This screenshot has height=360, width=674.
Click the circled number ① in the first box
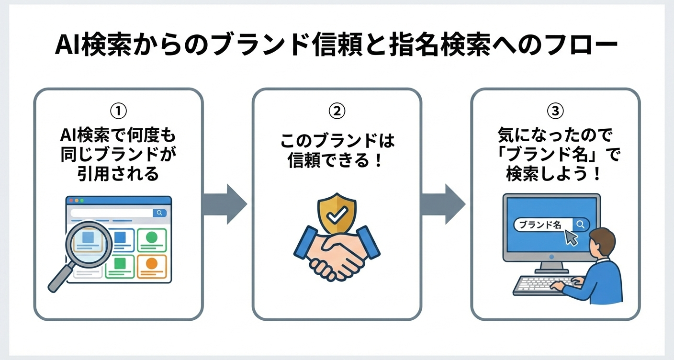[x=118, y=111]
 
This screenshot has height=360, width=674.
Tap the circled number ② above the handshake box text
[x=337, y=111]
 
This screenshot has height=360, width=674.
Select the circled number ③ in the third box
[x=555, y=111]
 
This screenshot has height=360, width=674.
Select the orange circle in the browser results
[x=151, y=263]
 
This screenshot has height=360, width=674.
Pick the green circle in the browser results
[x=151, y=236]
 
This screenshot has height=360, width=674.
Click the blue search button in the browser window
[x=159, y=213]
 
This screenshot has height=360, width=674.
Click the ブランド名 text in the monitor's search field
[x=540, y=225]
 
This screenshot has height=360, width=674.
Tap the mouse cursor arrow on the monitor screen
[x=570, y=237]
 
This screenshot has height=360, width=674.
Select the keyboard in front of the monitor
[x=541, y=285]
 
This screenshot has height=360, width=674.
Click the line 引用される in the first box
[x=118, y=174]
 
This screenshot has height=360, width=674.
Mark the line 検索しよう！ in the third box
[x=554, y=174]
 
